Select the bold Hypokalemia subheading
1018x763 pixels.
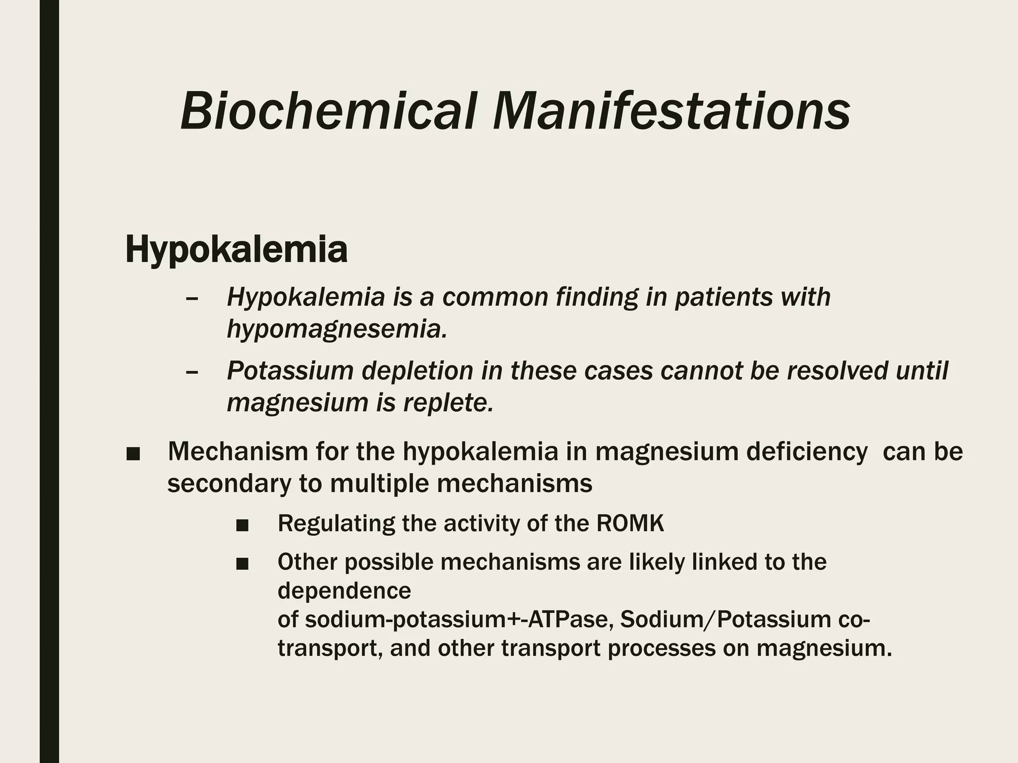(x=236, y=250)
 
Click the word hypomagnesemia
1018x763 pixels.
(x=337, y=329)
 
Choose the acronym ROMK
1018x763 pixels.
(x=630, y=523)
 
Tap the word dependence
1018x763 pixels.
(x=344, y=591)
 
